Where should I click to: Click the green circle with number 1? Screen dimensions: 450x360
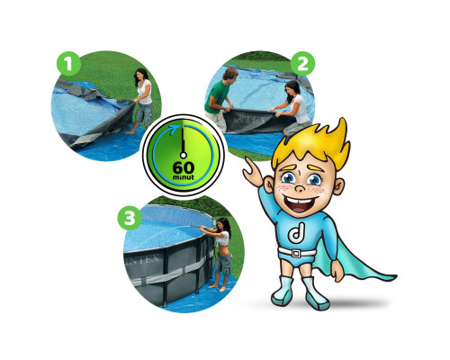[68, 64]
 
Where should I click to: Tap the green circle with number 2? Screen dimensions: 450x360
[302, 64]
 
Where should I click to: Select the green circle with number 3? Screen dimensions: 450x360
[130, 218]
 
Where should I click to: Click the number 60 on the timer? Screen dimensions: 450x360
[184, 168]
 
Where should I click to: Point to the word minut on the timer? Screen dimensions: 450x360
[184, 177]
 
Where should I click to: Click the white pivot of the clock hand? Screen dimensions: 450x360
[184, 155]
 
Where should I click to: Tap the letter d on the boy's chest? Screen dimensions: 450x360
[297, 233]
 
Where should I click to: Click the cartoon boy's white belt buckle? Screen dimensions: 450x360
[296, 253]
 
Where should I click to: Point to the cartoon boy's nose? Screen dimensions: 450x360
[300, 188]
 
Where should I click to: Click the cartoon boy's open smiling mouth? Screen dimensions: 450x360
[299, 204]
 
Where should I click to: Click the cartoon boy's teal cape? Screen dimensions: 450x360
[351, 261]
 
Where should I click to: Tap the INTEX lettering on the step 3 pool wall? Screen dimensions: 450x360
[143, 259]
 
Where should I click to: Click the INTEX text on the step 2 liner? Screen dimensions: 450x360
[250, 120]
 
